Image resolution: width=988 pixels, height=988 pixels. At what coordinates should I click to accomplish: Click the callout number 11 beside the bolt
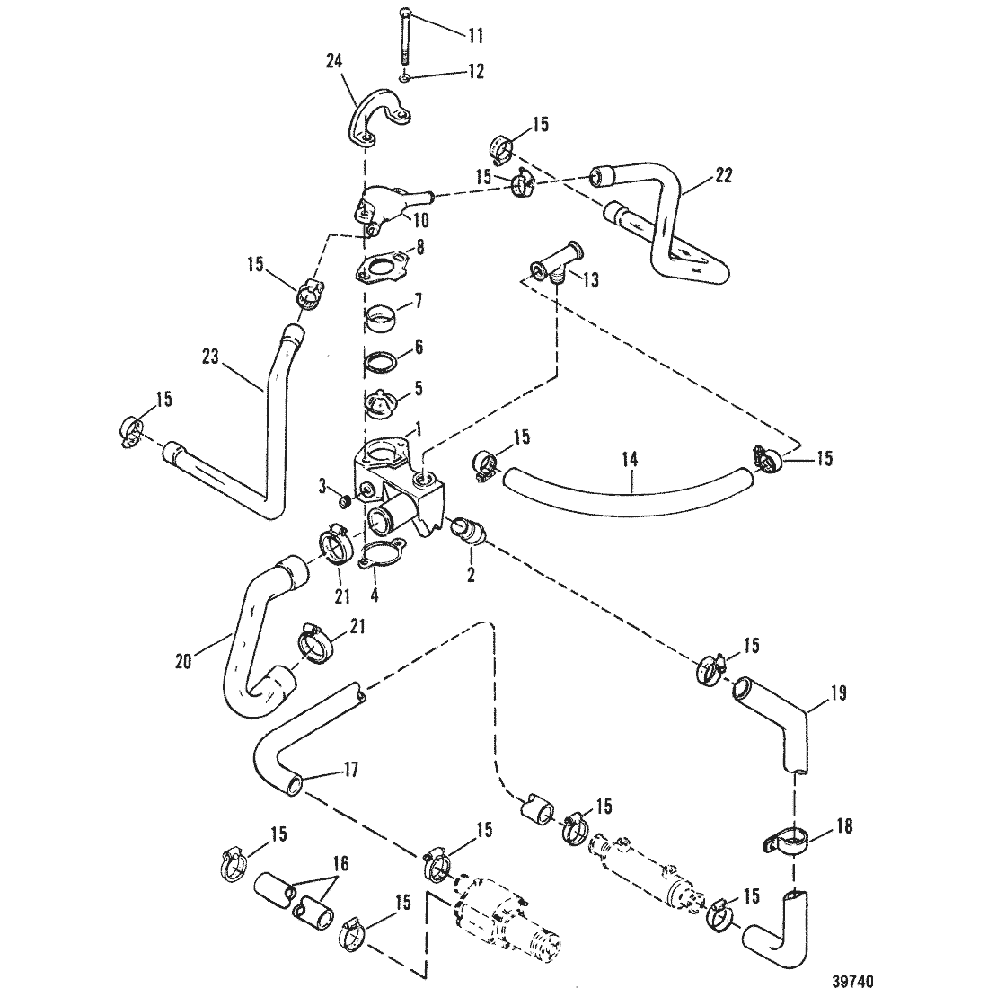coord(476,35)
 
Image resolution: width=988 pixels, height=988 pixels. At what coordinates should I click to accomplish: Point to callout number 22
coord(723,175)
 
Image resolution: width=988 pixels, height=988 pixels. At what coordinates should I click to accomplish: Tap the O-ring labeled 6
coord(382,361)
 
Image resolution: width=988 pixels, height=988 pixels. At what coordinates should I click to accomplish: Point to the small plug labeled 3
coord(345,501)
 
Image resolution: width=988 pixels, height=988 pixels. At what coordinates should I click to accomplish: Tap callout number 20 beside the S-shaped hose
coord(183,662)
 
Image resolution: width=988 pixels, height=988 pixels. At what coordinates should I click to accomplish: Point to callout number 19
coord(838,693)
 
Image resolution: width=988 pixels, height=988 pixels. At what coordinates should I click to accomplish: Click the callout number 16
coord(341,862)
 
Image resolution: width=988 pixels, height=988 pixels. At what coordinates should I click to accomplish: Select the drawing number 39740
coord(852,981)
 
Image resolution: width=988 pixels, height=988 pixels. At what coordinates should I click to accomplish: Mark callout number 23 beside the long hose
coord(210,357)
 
